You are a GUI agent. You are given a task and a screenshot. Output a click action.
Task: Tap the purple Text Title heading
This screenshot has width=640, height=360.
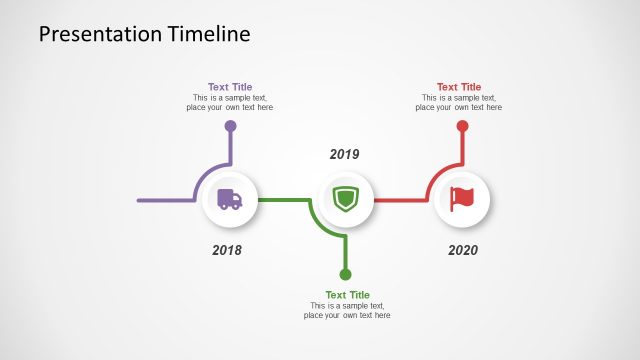pos(230,87)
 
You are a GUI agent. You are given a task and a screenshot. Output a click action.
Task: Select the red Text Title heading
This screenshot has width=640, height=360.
pos(459,87)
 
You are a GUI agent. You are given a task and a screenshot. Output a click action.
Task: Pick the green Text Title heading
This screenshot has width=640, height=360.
pos(347,295)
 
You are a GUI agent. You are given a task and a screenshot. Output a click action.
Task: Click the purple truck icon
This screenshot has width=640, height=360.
pos(230,199)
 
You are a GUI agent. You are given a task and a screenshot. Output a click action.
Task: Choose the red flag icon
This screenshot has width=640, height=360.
pos(461,199)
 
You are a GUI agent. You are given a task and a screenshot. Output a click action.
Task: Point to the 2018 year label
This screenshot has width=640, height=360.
pos(227,249)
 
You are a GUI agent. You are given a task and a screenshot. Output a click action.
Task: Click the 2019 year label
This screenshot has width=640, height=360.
pos(344,154)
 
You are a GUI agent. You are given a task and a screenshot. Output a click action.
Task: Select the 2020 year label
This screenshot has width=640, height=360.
pos(463,249)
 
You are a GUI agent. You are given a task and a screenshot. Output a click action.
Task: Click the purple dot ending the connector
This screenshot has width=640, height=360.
pos(230,126)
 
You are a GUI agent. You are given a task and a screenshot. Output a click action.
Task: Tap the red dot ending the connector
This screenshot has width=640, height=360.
pos(462,126)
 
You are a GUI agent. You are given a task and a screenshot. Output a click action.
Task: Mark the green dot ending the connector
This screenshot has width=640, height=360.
pos(346,274)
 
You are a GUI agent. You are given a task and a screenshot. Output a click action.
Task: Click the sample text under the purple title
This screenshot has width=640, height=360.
pos(230,103)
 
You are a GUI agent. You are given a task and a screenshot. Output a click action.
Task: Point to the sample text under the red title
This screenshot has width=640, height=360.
pos(459,103)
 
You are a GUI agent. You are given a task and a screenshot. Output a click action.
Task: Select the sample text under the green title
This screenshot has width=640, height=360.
pos(347,311)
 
